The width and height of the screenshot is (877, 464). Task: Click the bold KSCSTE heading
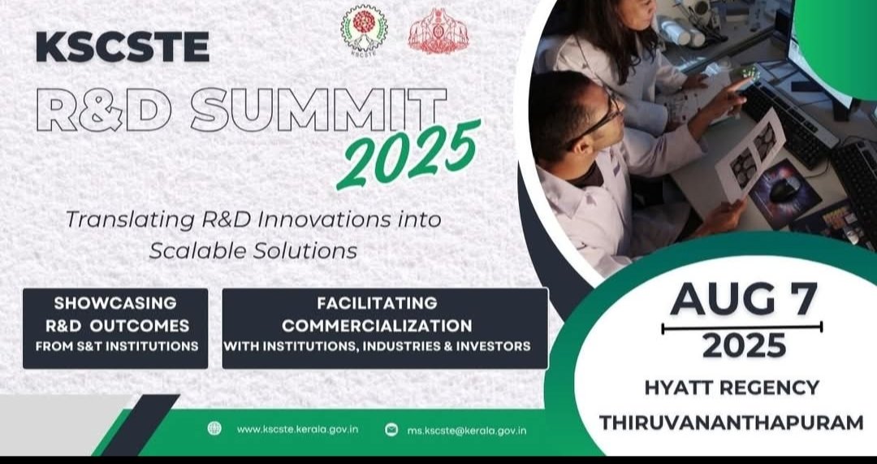[x=123, y=47]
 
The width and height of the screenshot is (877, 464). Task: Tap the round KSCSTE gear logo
[x=364, y=30]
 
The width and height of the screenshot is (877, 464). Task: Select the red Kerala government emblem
[x=438, y=32]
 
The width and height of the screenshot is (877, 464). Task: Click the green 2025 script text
[x=408, y=154]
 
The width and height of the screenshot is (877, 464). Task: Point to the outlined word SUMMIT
[x=319, y=110]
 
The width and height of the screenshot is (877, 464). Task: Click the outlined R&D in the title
[x=103, y=110]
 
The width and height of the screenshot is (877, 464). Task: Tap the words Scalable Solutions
[x=253, y=251]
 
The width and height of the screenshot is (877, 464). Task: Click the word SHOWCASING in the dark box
[x=115, y=303]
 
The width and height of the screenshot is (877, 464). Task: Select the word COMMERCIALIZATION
[x=377, y=325]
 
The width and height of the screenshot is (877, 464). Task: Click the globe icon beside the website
[x=214, y=428]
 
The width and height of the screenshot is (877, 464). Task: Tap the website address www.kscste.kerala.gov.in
[x=297, y=429]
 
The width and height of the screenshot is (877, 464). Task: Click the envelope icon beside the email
[x=391, y=429]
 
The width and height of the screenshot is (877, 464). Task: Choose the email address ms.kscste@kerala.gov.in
[x=466, y=430]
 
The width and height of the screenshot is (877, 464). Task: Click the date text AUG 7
[x=743, y=299]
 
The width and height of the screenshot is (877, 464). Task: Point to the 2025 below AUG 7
[x=744, y=345]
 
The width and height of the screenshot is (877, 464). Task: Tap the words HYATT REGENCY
[x=732, y=388]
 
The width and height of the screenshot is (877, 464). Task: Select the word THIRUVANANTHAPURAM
[x=732, y=423]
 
